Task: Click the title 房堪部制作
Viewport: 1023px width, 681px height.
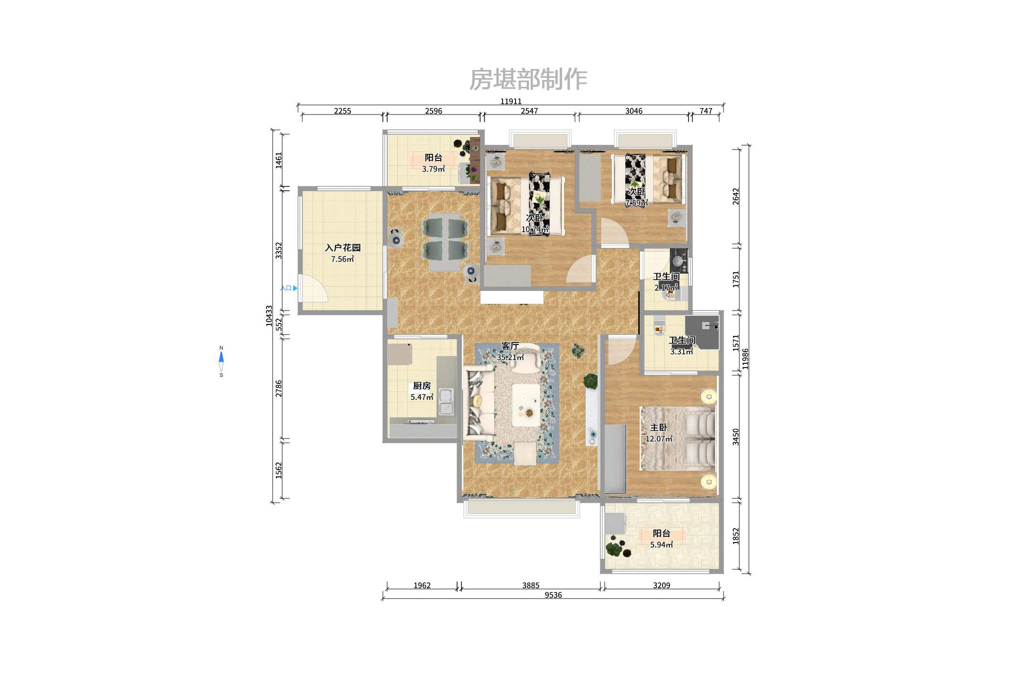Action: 528,79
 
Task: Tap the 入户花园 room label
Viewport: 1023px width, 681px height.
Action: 343,248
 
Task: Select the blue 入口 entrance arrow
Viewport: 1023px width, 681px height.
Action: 295,288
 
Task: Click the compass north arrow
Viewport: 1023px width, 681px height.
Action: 221,358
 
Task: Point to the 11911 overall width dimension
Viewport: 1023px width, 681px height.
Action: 511,101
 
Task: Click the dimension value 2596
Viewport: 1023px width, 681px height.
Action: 433,111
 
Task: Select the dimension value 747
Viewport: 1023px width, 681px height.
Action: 706,111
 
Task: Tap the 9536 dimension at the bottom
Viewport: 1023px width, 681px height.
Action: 553,595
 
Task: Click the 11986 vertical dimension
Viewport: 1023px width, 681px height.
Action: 745,358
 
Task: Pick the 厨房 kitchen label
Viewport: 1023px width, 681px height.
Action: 422,386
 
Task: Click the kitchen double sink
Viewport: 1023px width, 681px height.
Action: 446,402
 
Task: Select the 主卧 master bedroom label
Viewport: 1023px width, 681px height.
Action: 658,427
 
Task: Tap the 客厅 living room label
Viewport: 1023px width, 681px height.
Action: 510,346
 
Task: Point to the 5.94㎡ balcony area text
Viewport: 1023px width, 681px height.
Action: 661,544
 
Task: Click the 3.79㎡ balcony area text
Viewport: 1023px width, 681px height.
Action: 433,169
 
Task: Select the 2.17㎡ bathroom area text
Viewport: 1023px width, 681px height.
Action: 666,288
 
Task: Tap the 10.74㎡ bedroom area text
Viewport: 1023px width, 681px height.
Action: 535,229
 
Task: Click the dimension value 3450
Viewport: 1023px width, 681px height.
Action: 736,437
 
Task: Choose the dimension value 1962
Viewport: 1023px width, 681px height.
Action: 422,585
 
